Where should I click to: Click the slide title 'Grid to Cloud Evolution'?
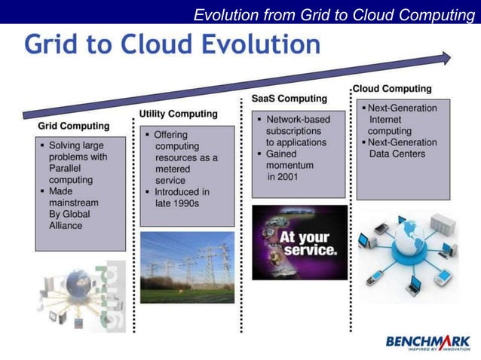pyautogui.click(x=172, y=44)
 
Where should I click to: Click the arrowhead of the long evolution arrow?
pyautogui.click(x=446, y=58)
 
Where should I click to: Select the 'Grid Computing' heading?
pyautogui.click(x=73, y=126)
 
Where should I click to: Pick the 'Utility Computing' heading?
pyautogui.click(x=178, y=114)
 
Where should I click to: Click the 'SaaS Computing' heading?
pyautogui.click(x=289, y=99)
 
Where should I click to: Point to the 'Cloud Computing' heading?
pyautogui.click(x=392, y=89)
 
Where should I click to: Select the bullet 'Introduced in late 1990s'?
pyautogui.click(x=179, y=197)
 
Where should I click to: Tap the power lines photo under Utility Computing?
pyautogui.click(x=187, y=267)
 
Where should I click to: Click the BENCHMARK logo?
pyautogui.click(x=427, y=343)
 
